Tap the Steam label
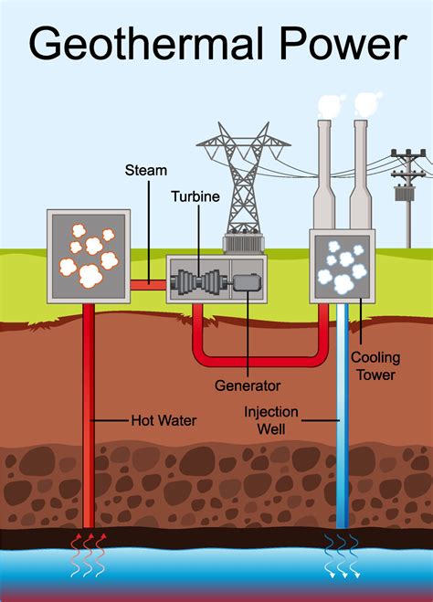coord(144,171)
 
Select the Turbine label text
coord(193,197)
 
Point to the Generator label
coord(248,385)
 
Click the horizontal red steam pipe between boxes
coord(147,285)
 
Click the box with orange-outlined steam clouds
coord(88,256)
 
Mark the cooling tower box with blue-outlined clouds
coord(343,265)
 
